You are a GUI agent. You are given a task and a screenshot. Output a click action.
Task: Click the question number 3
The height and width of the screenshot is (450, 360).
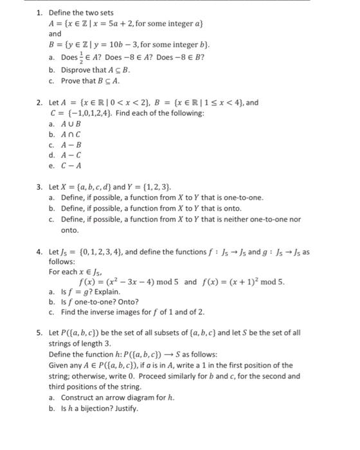pos(39,187)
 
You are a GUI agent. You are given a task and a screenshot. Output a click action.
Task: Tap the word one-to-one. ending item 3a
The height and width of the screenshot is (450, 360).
pos(243,197)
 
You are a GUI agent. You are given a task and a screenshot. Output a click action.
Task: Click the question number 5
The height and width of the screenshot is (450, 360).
pos(39,334)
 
